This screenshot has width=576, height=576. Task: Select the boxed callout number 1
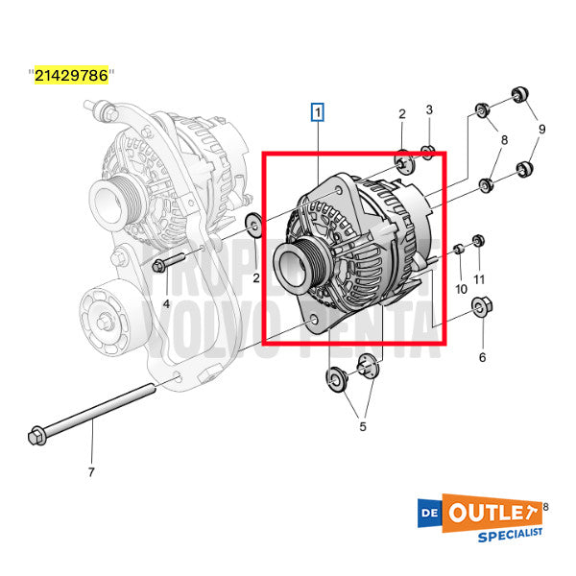tap(318, 111)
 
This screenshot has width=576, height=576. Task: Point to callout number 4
tap(166, 303)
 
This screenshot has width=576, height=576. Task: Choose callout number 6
tap(482, 357)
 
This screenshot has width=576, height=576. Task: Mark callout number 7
tap(91, 471)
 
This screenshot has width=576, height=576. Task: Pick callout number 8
tap(503, 140)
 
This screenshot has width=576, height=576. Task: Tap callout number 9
tap(541, 128)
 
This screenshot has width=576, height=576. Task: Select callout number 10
tap(461, 288)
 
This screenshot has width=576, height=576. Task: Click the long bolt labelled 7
tap(96, 412)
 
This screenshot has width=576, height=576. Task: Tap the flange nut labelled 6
tap(477, 309)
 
